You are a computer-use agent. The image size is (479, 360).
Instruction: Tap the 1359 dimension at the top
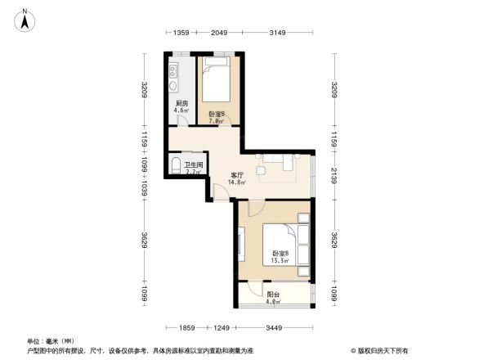pyautogui.click(x=181, y=34)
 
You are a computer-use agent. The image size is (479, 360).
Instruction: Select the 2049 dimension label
pyautogui.click(x=218, y=34)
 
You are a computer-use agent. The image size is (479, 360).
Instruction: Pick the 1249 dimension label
pyautogui.click(x=222, y=327)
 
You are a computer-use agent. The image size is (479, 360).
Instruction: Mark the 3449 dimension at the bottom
pyautogui.click(x=274, y=327)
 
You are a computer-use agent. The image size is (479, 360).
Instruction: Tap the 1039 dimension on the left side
pyautogui.click(x=144, y=188)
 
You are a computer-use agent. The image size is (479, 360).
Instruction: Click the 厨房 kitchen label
pyautogui.click(x=181, y=104)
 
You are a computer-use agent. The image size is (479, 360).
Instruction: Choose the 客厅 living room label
pyautogui.click(x=237, y=174)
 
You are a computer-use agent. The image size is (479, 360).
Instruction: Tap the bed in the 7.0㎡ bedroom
pyautogui.click(x=217, y=80)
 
